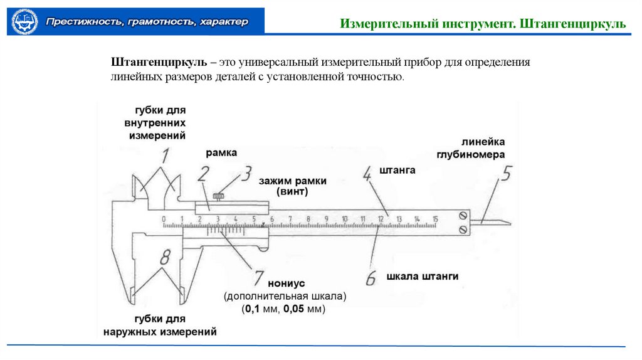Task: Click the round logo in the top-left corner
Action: point(25,21)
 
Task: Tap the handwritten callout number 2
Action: point(203,174)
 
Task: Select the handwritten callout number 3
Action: point(247,173)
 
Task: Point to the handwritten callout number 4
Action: point(369,174)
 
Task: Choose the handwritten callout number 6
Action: point(371,277)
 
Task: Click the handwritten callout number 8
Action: point(165,257)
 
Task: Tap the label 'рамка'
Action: point(221,153)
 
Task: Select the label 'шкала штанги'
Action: point(423,276)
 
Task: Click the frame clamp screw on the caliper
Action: point(218,197)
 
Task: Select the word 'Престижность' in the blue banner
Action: point(80,22)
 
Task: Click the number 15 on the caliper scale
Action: point(435,218)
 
